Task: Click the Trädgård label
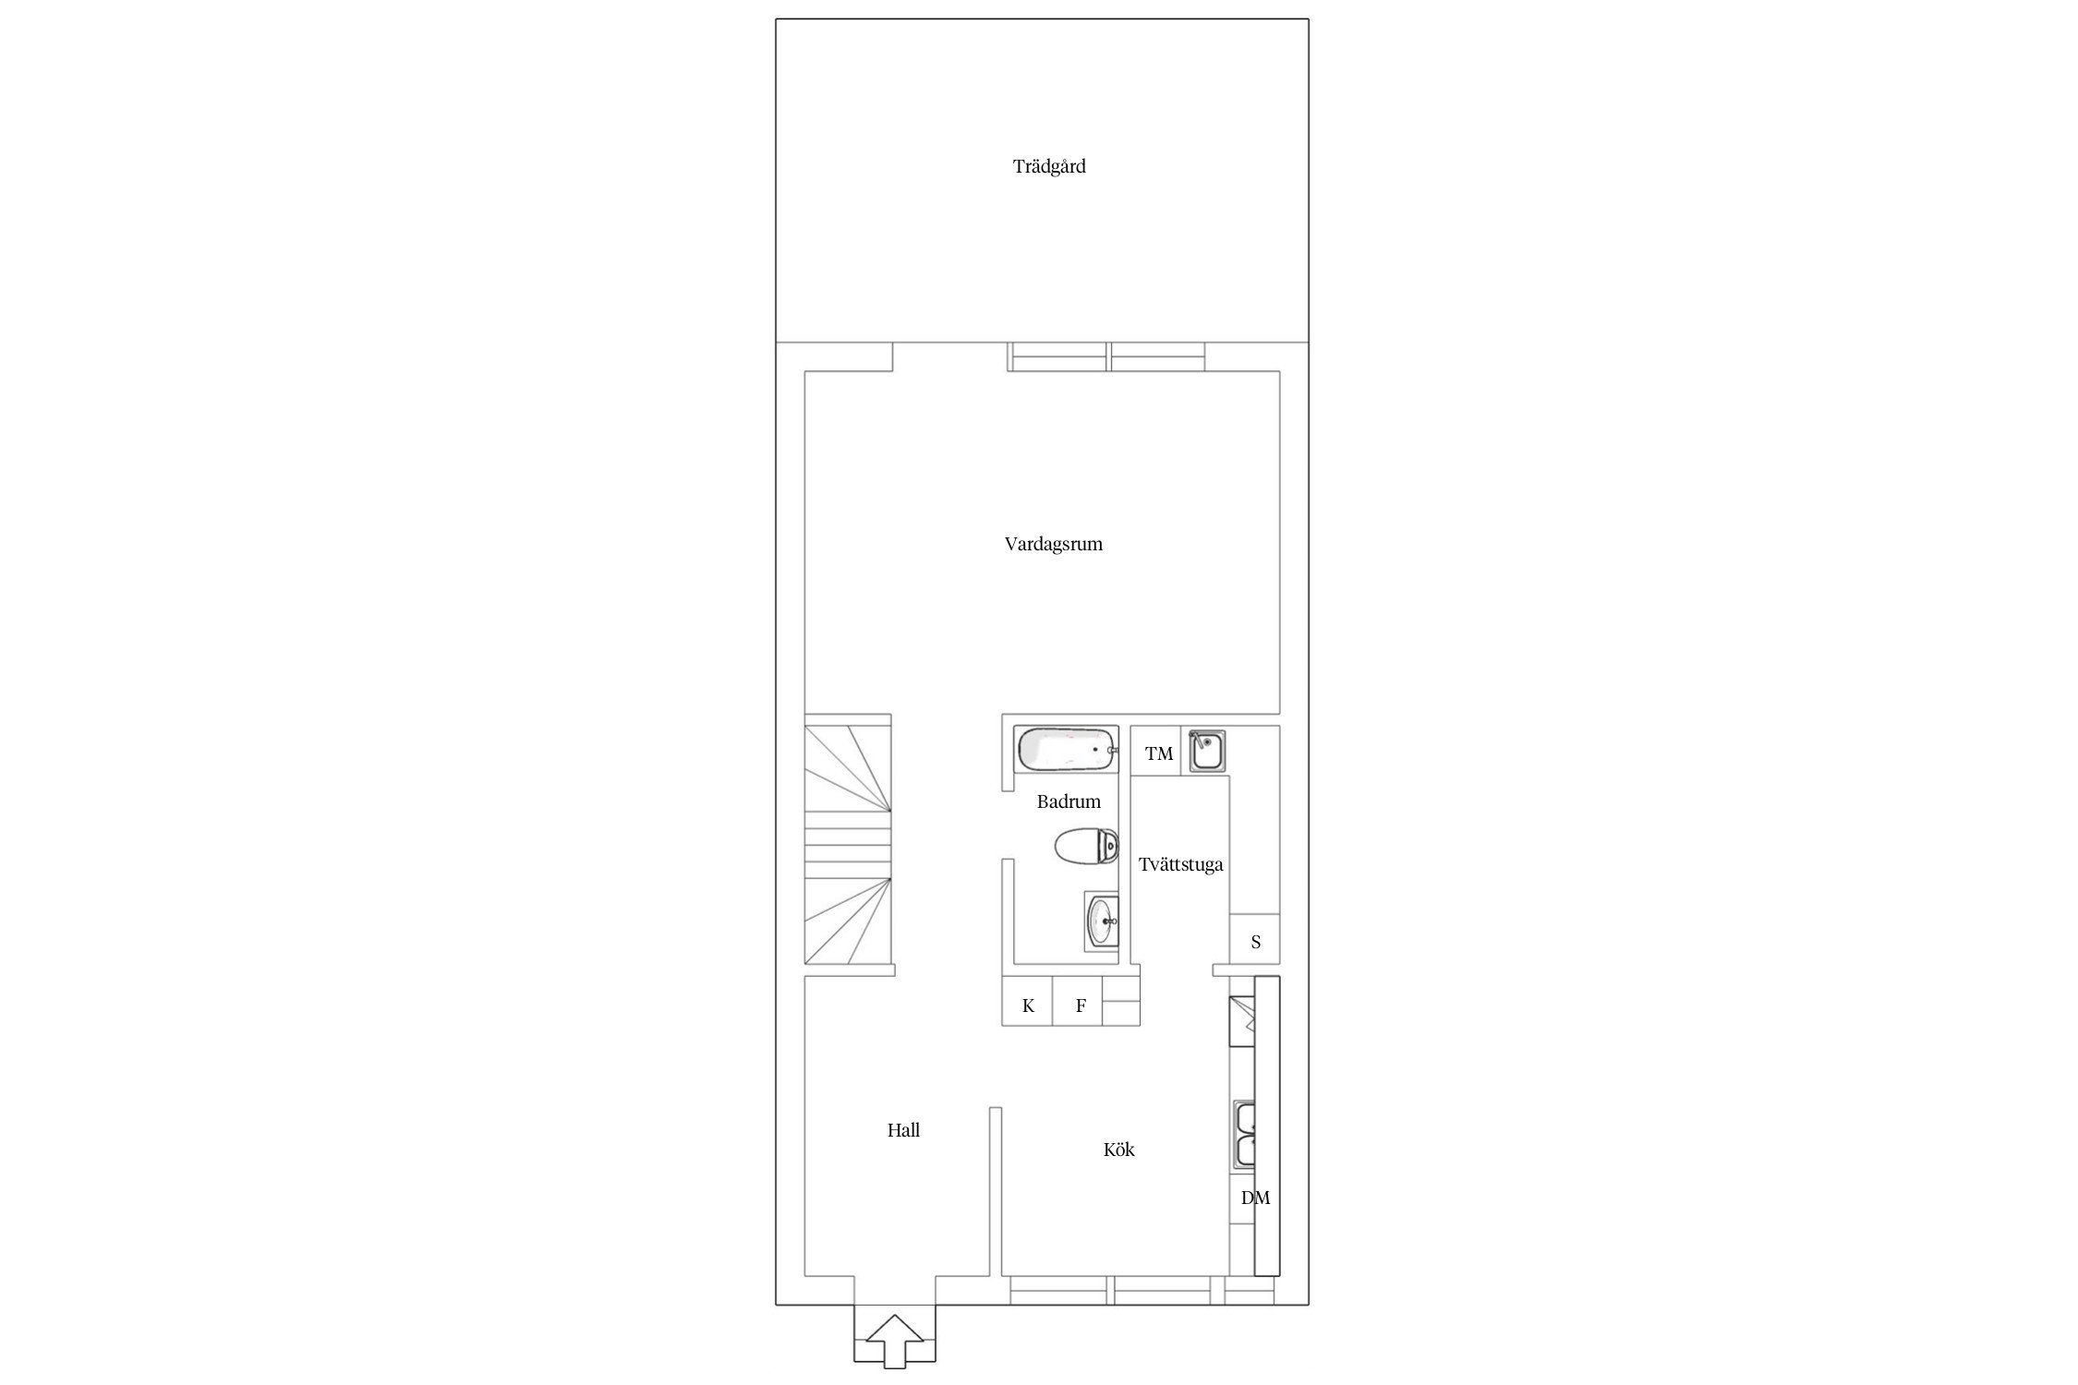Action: (x=1049, y=167)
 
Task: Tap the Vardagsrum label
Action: (x=1054, y=545)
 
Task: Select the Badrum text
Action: (x=1069, y=801)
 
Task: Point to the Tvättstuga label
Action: (x=1180, y=865)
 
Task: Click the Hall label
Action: (x=903, y=1130)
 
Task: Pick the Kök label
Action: (x=1119, y=1150)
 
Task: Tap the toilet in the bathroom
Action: (x=1087, y=845)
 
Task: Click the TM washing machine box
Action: (x=1156, y=752)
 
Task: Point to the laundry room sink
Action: (x=1207, y=751)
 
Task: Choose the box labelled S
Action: (x=1254, y=940)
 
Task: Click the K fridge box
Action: (x=1028, y=1001)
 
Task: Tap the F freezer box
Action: (x=1079, y=1001)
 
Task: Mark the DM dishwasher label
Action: (x=1255, y=1198)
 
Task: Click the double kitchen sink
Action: (x=1243, y=1136)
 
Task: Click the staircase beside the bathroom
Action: (x=848, y=846)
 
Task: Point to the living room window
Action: (x=1105, y=356)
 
